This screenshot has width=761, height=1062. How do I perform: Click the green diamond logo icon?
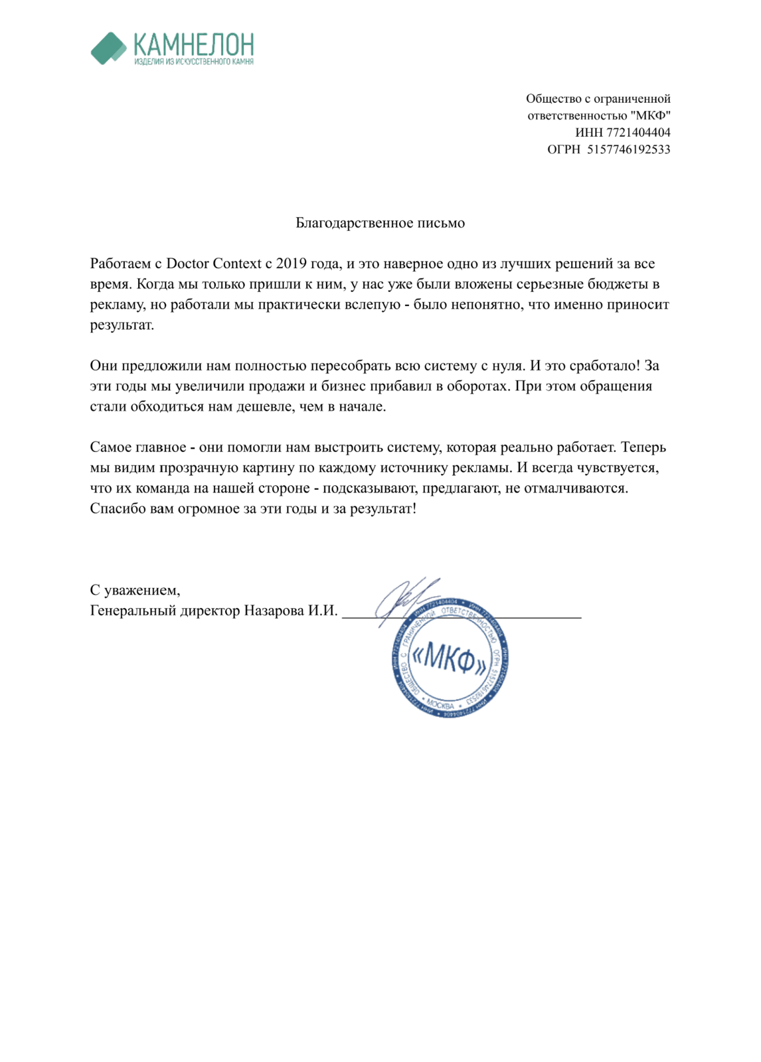click(x=108, y=48)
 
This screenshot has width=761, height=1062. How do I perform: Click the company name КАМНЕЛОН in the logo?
click(x=193, y=45)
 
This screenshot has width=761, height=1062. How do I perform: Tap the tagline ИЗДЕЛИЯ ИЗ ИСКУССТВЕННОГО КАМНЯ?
click(x=193, y=62)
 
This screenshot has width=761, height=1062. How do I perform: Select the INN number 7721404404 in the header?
click(x=638, y=133)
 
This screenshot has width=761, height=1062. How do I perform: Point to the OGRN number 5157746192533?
click(x=628, y=150)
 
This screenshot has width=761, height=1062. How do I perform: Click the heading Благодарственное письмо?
click(x=380, y=223)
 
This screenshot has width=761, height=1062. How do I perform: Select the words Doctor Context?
click(x=213, y=264)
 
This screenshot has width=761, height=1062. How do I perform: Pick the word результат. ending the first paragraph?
click(x=122, y=325)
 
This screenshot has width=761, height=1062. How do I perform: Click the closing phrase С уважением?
click(x=135, y=590)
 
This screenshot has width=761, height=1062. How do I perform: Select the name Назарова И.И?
click(x=291, y=611)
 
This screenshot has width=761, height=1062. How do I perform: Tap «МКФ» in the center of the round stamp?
click(x=450, y=658)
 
